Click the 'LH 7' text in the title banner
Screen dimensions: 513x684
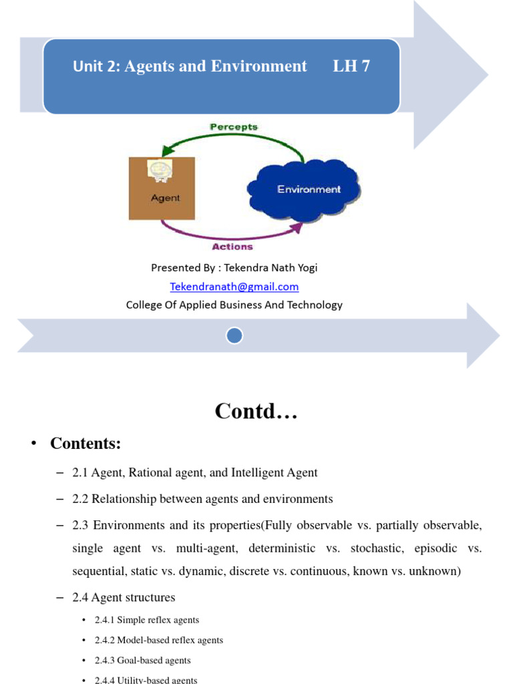(351, 66)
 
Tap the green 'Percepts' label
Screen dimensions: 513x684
(234, 126)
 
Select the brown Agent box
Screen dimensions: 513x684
(162, 188)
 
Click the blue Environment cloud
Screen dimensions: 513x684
(305, 190)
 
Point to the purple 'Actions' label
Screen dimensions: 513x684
(232, 246)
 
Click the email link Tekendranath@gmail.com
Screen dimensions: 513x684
(234, 287)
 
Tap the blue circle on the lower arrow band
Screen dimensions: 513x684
(234, 335)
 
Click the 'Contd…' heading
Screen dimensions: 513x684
(256, 411)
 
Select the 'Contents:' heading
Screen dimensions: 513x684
(85, 444)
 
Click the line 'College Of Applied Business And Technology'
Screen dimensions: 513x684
(234, 305)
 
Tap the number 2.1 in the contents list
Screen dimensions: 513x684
(80, 473)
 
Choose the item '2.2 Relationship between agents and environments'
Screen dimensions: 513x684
(203, 499)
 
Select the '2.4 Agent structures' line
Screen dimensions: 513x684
(124, 597)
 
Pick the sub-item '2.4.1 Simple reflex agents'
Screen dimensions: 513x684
(147, 620)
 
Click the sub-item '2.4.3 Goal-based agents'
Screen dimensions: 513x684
(142, 660)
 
